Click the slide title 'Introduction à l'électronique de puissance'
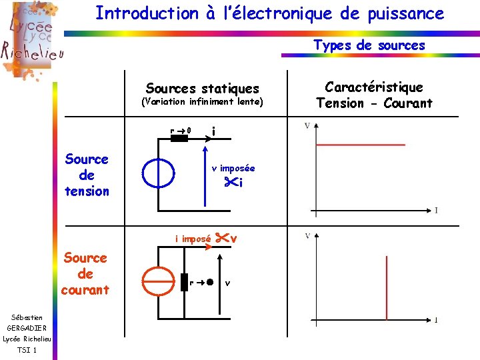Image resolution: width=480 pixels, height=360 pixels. point(269,13)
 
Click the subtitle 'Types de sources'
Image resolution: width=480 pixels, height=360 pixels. point(369,45)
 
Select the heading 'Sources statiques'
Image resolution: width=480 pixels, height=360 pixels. point(202,88)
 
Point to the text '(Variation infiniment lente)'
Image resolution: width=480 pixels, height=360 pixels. point(202,102)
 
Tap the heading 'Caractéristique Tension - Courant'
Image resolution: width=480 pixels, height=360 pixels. point(374,95)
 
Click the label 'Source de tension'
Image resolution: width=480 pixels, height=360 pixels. point(87,175)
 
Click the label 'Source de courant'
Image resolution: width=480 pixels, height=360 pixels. point(85,274)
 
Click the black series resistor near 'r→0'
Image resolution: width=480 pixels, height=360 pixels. point(179,139)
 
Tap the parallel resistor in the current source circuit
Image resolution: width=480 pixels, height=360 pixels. point(184,282)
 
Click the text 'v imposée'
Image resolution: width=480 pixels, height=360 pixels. point(233,168)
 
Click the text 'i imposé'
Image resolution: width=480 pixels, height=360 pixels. point(193,239)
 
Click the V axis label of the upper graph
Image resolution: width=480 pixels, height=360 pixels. point(307,126)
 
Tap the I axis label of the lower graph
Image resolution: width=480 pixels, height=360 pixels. point(436,320)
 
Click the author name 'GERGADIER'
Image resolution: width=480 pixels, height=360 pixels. point(27,328)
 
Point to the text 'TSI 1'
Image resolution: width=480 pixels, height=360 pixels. point(27,350)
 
